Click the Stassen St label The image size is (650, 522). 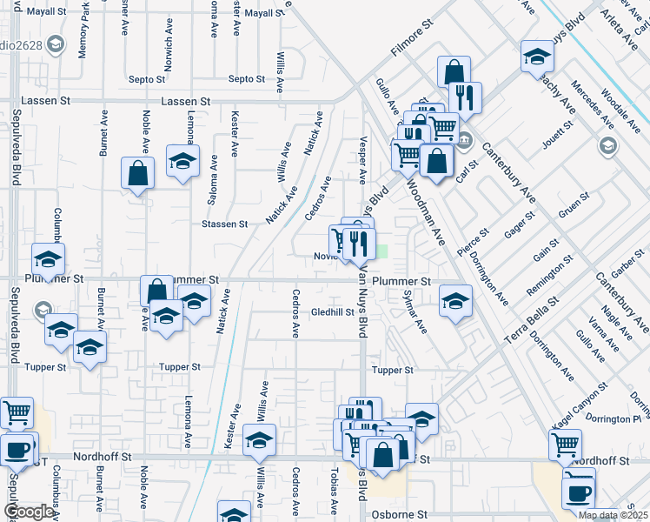pos(225,224)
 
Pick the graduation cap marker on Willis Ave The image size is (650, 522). pos(259,440)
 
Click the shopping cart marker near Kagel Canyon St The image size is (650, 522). pos(566,444)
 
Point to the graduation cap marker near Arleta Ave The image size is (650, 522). pos(537,57)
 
